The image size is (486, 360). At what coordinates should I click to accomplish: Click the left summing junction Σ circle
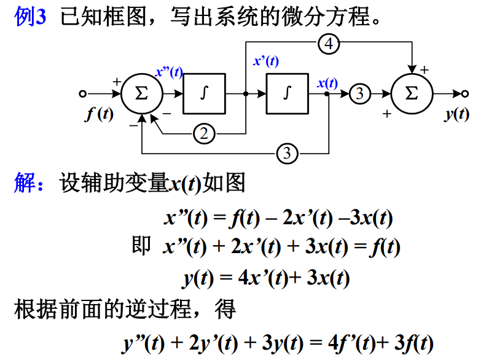click(141, 94)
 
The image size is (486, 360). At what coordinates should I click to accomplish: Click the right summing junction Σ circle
click(412, 94)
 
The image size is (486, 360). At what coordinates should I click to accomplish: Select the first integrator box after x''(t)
click(204, 94)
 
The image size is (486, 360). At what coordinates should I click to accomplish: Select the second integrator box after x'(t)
click(287, 94)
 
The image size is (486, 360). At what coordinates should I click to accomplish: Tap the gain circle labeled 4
click(329, 44)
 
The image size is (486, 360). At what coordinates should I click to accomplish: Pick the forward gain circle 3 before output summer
click(361, 94)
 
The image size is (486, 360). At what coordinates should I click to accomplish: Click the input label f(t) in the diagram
click(99, 114)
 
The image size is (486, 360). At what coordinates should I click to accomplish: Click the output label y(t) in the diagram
click(457, 114)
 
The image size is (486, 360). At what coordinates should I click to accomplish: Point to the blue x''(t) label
click(169, 72)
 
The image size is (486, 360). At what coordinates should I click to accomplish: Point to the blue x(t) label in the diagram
click(327, 83)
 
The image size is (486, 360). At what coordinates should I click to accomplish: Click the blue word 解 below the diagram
click(25, 183)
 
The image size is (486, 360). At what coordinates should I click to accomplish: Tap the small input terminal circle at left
click(83, 94)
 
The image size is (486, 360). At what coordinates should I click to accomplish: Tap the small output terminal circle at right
click(465, 94)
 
